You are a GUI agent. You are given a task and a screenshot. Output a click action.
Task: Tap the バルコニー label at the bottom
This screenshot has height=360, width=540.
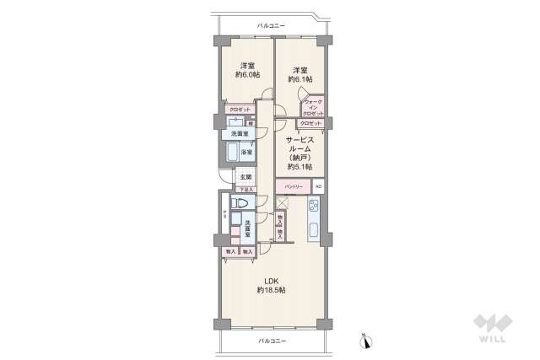(271, 340)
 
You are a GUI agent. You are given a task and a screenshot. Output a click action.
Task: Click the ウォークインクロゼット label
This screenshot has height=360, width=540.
(313, 107)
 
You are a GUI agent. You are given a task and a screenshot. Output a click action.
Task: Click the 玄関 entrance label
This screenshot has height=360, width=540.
(245, 178)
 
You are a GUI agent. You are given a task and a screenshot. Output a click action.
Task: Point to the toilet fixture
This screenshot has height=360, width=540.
(237, 205)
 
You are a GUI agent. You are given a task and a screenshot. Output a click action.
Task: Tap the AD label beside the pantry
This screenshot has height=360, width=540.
(318, 186)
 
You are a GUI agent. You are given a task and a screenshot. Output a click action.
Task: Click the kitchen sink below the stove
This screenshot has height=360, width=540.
(313, 230)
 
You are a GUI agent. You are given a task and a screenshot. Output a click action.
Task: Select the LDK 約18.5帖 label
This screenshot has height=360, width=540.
(271, 285)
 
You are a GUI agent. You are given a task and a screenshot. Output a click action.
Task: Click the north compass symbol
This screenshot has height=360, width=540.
(365, 341)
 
